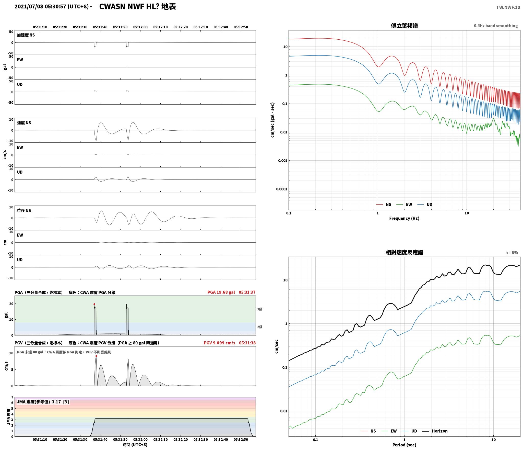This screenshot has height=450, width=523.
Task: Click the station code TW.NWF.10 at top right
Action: [508, 7]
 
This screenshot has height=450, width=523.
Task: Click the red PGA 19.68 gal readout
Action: [221, 292]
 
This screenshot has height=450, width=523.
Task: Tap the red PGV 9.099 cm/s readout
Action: [219, 343]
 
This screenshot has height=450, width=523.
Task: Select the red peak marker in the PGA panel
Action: [94, 304]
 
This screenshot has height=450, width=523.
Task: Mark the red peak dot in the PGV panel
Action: [96, 356]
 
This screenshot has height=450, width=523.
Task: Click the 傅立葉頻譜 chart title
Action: [404, 26]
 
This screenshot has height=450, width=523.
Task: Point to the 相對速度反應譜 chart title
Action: [404, 252]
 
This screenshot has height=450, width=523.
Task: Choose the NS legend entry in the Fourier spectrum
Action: [384, 205]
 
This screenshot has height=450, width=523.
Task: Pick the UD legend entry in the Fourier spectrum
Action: [425, 205]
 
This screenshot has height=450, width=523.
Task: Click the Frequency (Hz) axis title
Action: [404, 218]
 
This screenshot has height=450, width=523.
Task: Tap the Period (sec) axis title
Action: [404, 445]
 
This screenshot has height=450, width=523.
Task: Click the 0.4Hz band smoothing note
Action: [496, 26]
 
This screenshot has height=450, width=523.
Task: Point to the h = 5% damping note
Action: [512, 253]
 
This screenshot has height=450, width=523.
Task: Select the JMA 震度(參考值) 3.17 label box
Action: [43, 402]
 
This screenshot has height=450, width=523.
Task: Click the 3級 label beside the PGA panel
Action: [259, 309]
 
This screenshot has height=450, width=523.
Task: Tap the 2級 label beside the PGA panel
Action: [259, 327]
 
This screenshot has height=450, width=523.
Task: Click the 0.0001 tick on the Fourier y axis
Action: [282, 189]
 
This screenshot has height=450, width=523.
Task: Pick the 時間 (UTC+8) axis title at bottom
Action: [135, 445]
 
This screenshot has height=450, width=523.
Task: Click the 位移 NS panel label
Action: [24, 210]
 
